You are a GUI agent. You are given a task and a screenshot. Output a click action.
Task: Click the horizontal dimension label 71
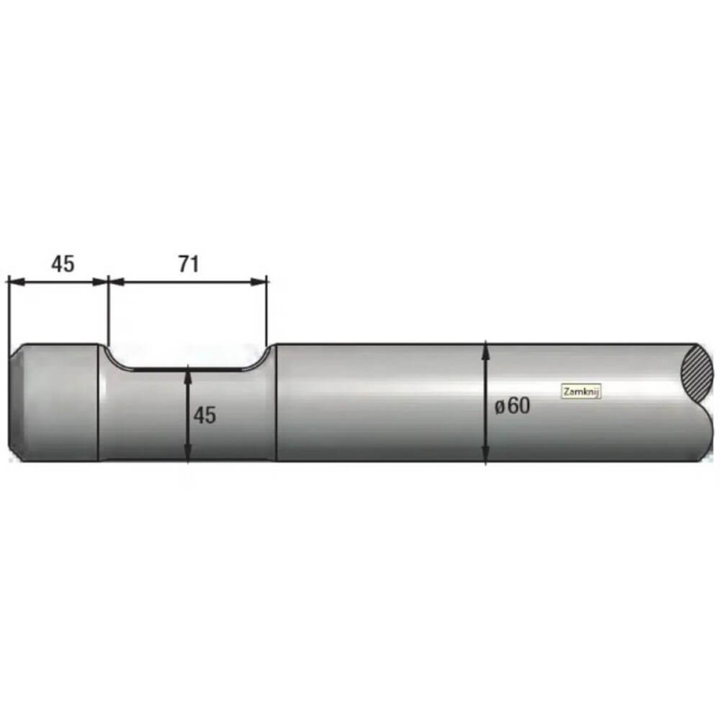tap(189, 265)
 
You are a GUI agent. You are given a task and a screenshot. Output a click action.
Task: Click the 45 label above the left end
tap(62, 265)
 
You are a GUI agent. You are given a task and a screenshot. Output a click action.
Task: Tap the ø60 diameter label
tap(512, 406)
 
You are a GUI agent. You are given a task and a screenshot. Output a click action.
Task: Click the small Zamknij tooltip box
tap(581, 391)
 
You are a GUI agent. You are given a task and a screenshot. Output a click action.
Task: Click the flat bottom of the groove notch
tap(188, 369)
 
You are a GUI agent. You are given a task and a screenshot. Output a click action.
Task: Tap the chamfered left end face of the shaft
tap(15, 402)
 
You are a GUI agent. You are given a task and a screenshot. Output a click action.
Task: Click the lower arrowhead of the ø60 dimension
tap(486, 453)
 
